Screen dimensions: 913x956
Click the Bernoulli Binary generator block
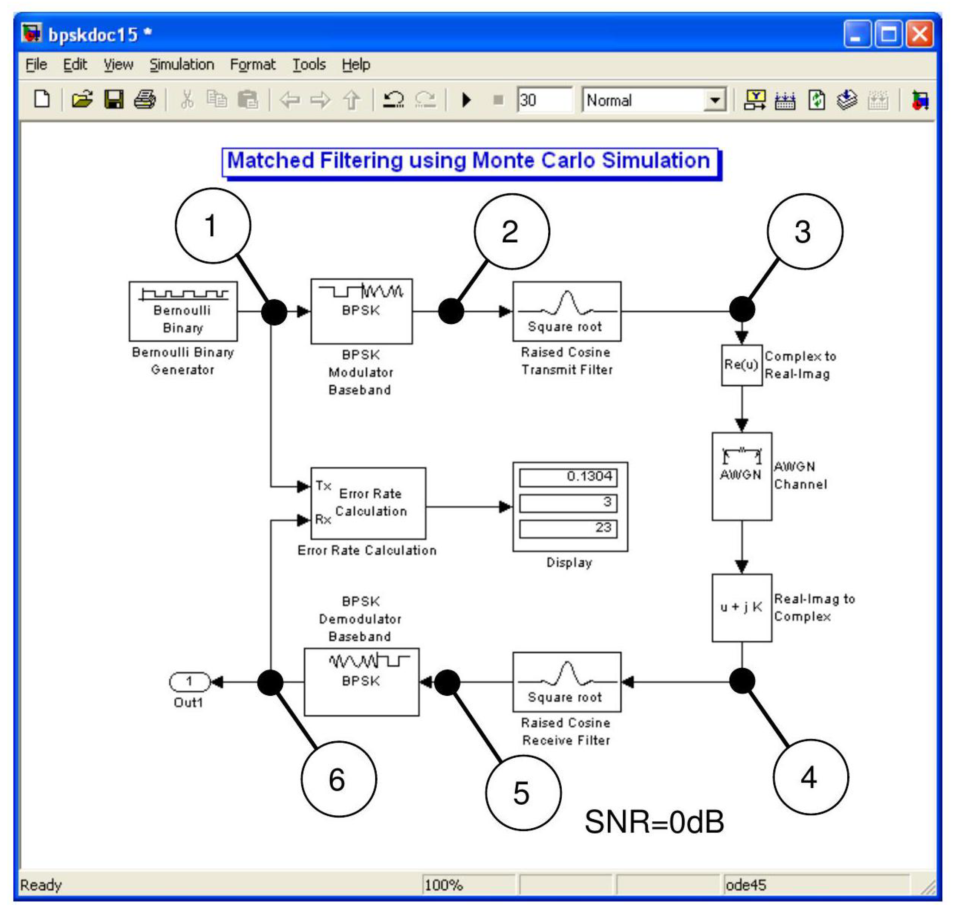click(x=183, y=311)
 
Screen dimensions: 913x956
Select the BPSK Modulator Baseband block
click(x=361, y=311)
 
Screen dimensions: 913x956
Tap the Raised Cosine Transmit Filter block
click(x=566, y=311)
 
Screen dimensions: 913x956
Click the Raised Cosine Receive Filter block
click(x=566, y=682)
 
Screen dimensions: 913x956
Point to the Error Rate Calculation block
click(x=368, y=503)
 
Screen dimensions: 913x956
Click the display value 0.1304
click(x=568, y=477)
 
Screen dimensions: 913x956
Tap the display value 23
click(x=568, y=528)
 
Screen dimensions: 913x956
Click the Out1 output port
click(x=189, y=682)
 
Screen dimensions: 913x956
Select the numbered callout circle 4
click(x=810, y=777)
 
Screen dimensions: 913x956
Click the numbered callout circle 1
click(x=213, y=226)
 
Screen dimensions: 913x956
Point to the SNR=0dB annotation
click(x=654, y=822)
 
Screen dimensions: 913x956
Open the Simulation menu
click(x=182, y=65)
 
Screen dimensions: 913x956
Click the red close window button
click(x=919, y=34)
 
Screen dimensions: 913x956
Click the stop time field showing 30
click(x=544, y=100)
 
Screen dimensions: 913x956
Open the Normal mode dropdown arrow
click(x=714, y=100)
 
